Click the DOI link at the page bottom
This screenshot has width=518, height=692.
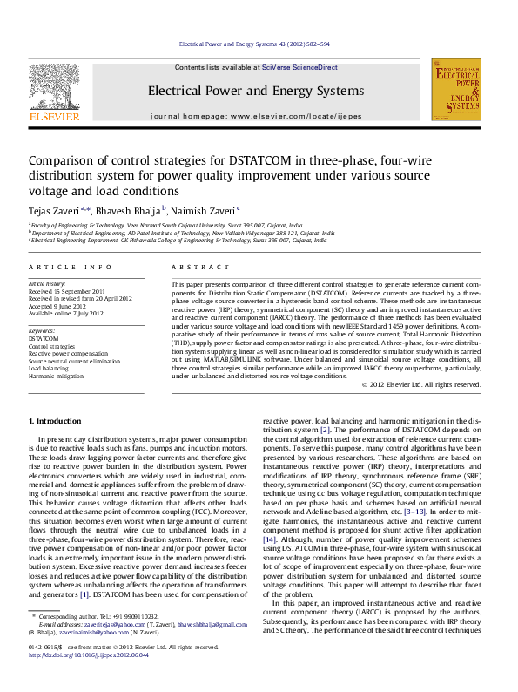88,680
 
